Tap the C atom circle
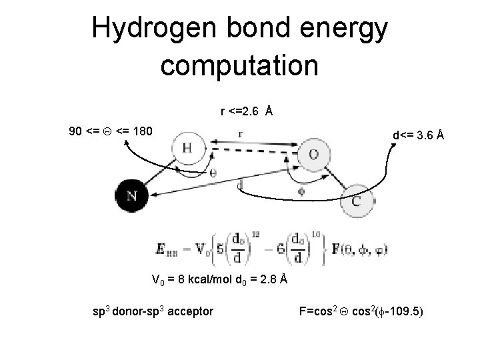tap(356, 202)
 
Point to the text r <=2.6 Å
tap(245, 111)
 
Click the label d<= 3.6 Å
tap(418, 136)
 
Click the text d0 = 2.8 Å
tap(262, 279)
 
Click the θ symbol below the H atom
tap(213, 173)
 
